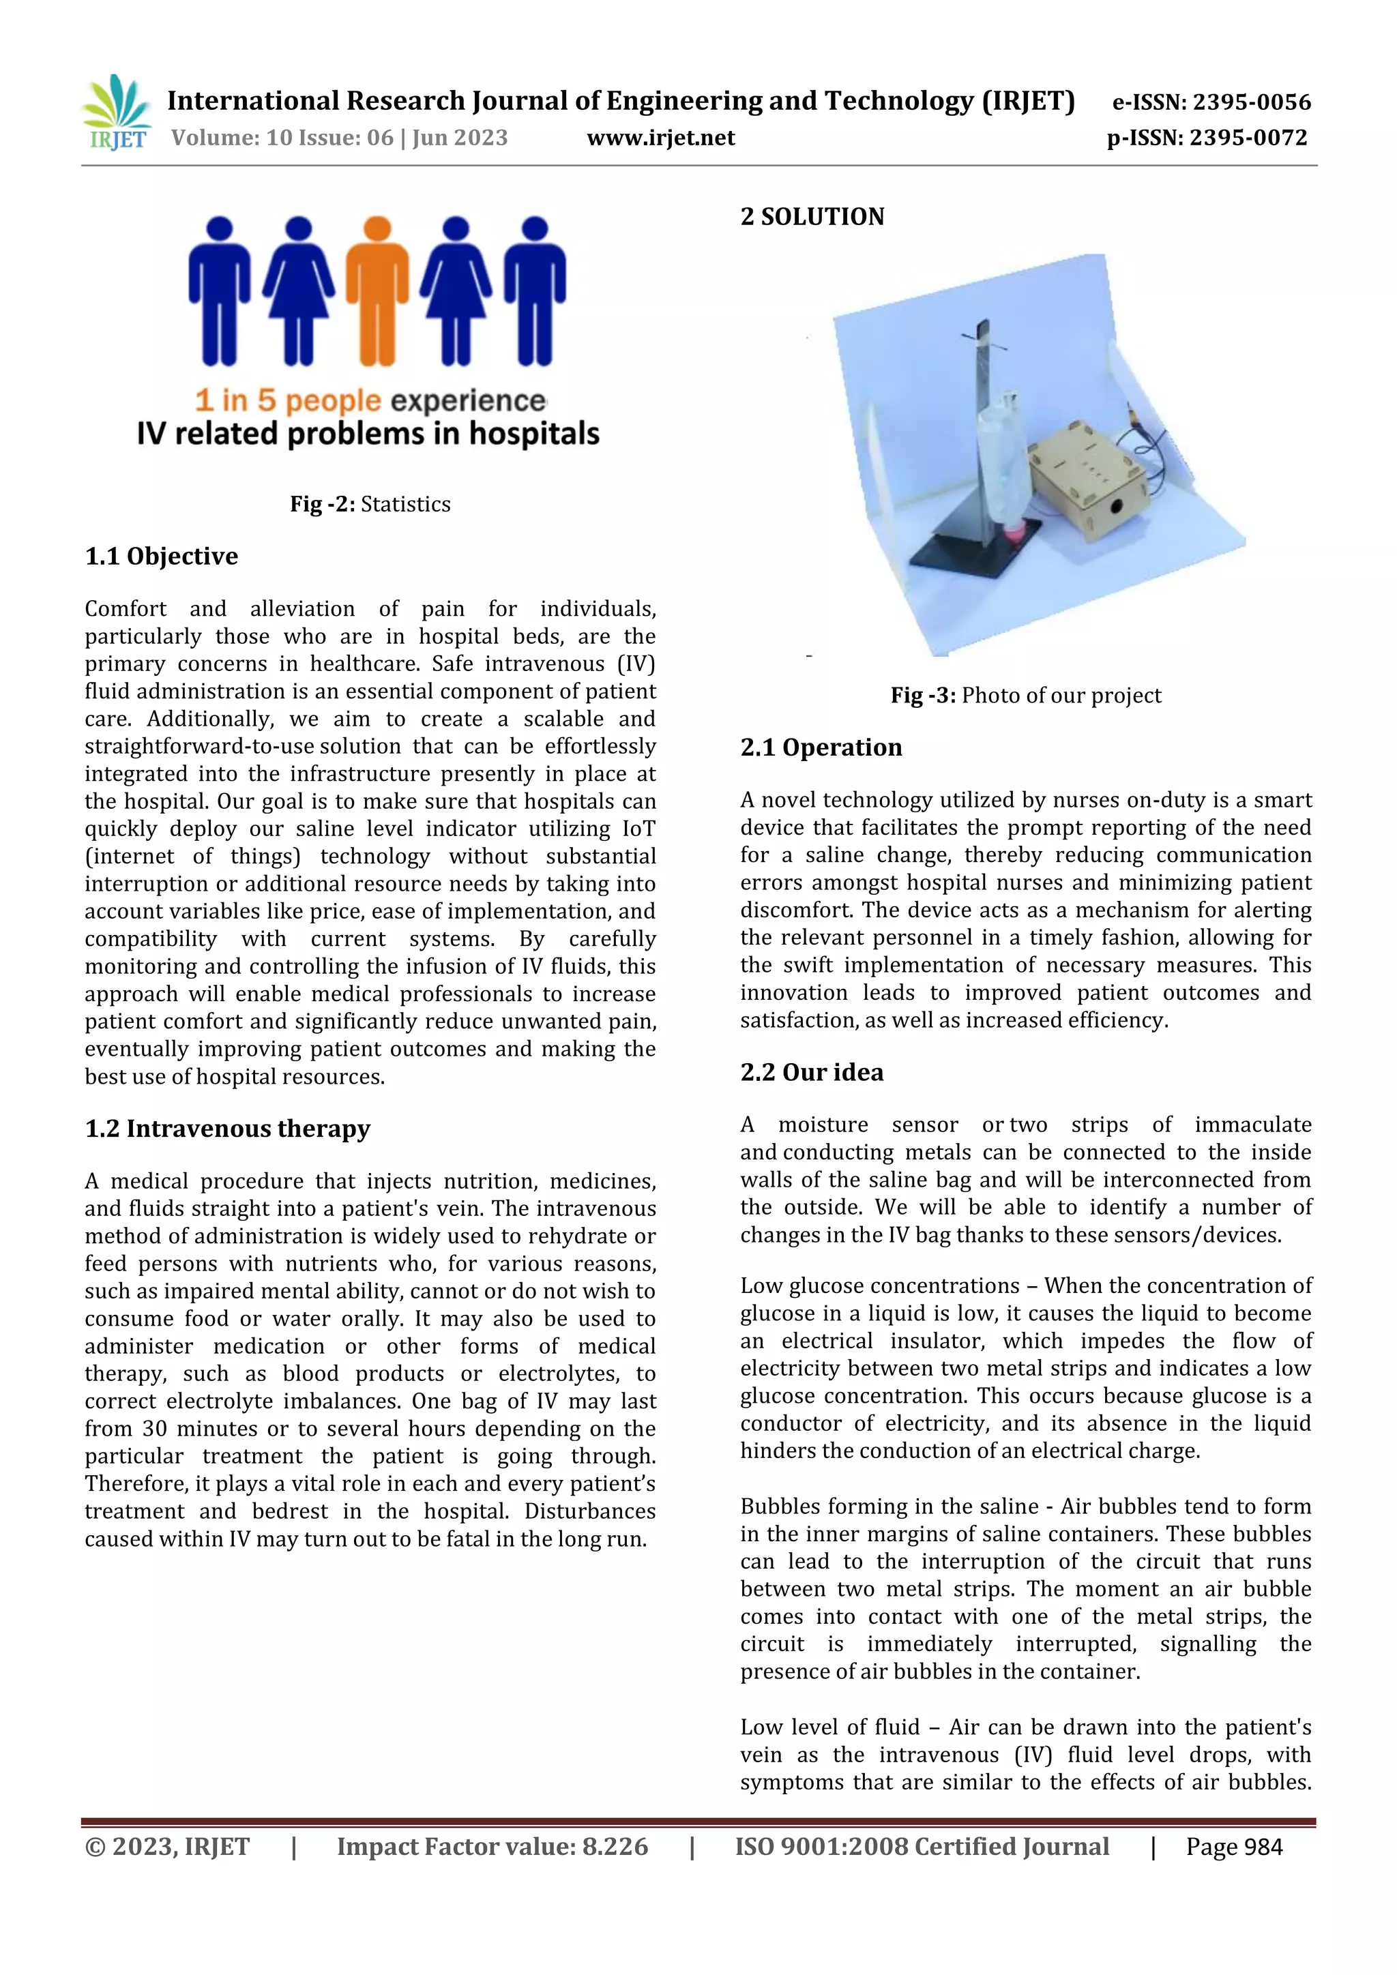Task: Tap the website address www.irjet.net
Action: point(661,138)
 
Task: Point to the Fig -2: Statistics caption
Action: point(370,504)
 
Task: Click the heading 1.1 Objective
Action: point(162,556)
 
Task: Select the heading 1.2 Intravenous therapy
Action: point(227,1129)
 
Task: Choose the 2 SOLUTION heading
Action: point(812,217)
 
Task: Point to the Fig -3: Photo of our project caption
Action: point(1025,695)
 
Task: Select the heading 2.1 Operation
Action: point(821,747)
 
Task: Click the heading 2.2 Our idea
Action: point(811,1073)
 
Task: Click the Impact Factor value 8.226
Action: point(614,1847)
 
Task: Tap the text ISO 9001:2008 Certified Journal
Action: point(922,1847)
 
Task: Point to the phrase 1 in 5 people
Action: point(287,401)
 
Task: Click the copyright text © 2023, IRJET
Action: point(167,1847)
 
